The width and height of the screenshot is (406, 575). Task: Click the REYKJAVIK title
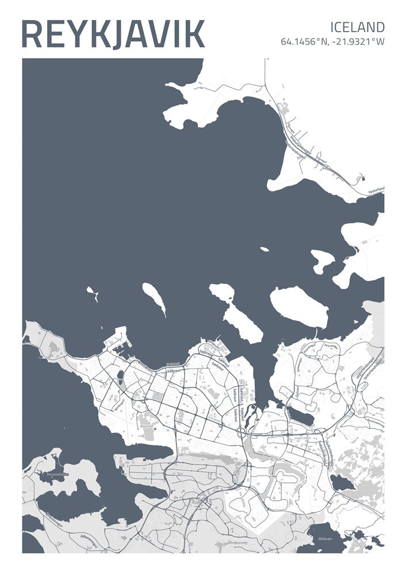point(113,34)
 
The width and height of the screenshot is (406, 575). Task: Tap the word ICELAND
point(357,26)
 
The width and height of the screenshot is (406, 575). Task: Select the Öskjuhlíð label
point(147,426)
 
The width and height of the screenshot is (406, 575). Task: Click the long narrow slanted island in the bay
point(154,298)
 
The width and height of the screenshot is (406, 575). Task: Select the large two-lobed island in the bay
point(236,313)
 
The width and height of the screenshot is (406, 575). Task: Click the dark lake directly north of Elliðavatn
point(343,483)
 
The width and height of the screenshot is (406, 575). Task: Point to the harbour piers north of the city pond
point(118,343)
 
